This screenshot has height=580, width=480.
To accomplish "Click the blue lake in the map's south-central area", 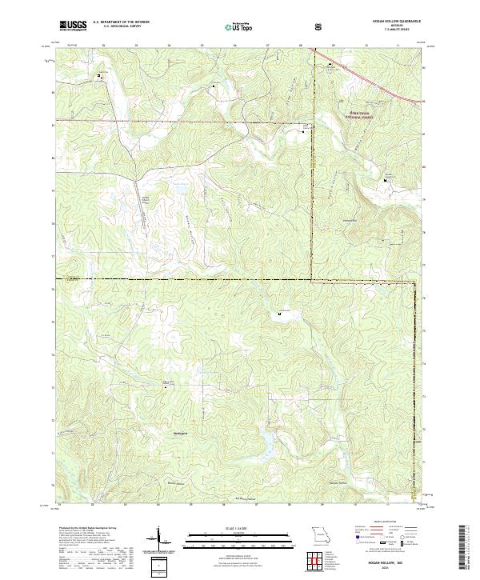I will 264,436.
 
